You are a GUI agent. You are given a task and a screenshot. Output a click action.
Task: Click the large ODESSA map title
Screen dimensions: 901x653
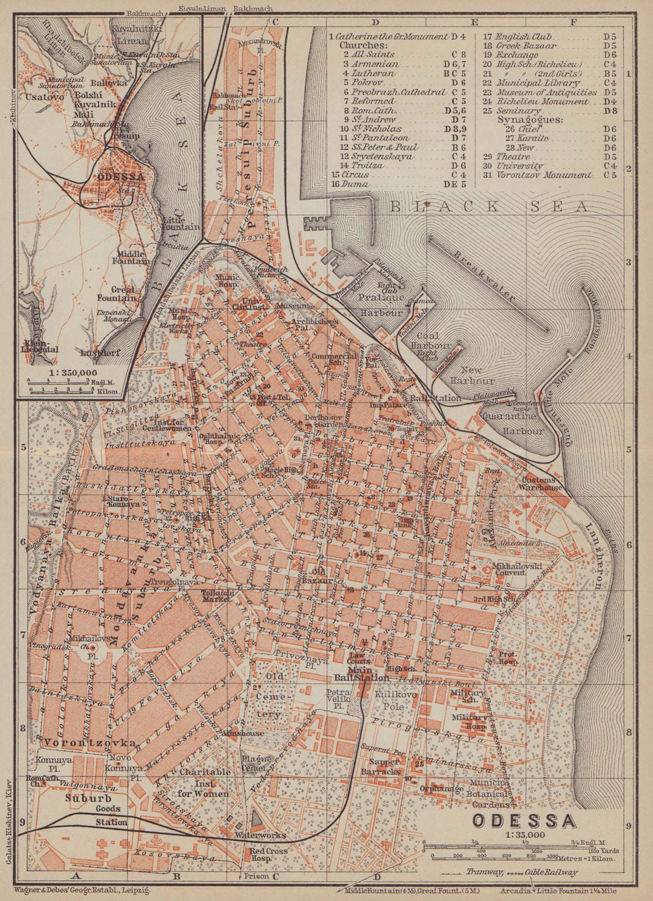tap(523, 820)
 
